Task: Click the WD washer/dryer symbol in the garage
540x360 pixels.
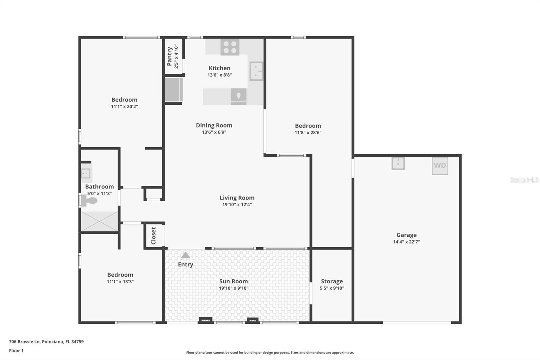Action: pos(440,165)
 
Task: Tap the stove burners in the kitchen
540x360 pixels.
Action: pos(230,47)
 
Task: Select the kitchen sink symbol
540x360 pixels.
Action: pos(256,71)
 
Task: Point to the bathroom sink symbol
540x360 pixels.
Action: pos(86,174)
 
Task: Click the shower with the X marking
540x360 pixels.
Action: pos(99,221)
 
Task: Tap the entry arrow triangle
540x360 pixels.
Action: pos(185,255)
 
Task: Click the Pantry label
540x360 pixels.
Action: pos(169,56)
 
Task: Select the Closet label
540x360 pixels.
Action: pos(154,236)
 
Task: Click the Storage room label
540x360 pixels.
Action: pos(332,281)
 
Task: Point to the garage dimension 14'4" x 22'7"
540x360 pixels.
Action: pos(406,242)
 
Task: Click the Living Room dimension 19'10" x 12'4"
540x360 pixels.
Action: pos(237,205)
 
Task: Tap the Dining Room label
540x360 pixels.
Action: pos(214,125)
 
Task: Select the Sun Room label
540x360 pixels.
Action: pos(234,281)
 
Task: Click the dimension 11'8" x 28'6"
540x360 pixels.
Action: pos(308,133)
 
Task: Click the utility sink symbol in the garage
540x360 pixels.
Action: pos(398,163)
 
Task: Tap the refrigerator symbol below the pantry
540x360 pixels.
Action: pos(173,90)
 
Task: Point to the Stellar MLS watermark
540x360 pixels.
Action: pos(524,180)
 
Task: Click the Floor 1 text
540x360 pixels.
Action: pos(16,351)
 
